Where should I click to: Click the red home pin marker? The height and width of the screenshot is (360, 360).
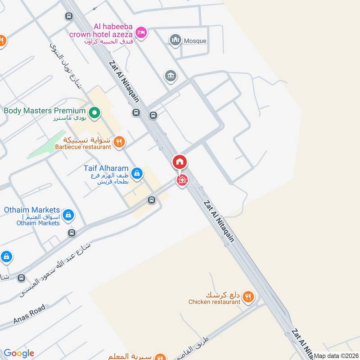click(x=180, y=162)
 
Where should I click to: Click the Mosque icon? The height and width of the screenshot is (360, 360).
click(x=175, y=40)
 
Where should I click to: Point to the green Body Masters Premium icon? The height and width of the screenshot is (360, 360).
click(x=94, y=112)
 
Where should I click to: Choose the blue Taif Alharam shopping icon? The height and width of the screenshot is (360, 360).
click(x=138, y=172)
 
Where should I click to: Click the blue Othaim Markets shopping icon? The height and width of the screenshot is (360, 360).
click(x=68, y=215)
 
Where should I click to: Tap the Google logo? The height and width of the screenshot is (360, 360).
click(x=18, y=353)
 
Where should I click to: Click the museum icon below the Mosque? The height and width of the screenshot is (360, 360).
click(x=171, y=75)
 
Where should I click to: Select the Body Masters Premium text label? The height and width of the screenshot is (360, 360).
click(x=45, y=111)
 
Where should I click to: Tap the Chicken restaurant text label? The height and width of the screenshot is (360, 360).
click(x=214, y=302)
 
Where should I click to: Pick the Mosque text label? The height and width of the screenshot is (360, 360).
click(x=195, y=41)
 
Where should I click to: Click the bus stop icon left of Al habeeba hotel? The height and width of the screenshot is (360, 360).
click(x=69, y=17)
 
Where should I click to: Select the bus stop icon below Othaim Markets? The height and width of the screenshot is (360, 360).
click(x=72, y=233)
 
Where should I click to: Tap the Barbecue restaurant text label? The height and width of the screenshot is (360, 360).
click(x=83, y=147)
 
